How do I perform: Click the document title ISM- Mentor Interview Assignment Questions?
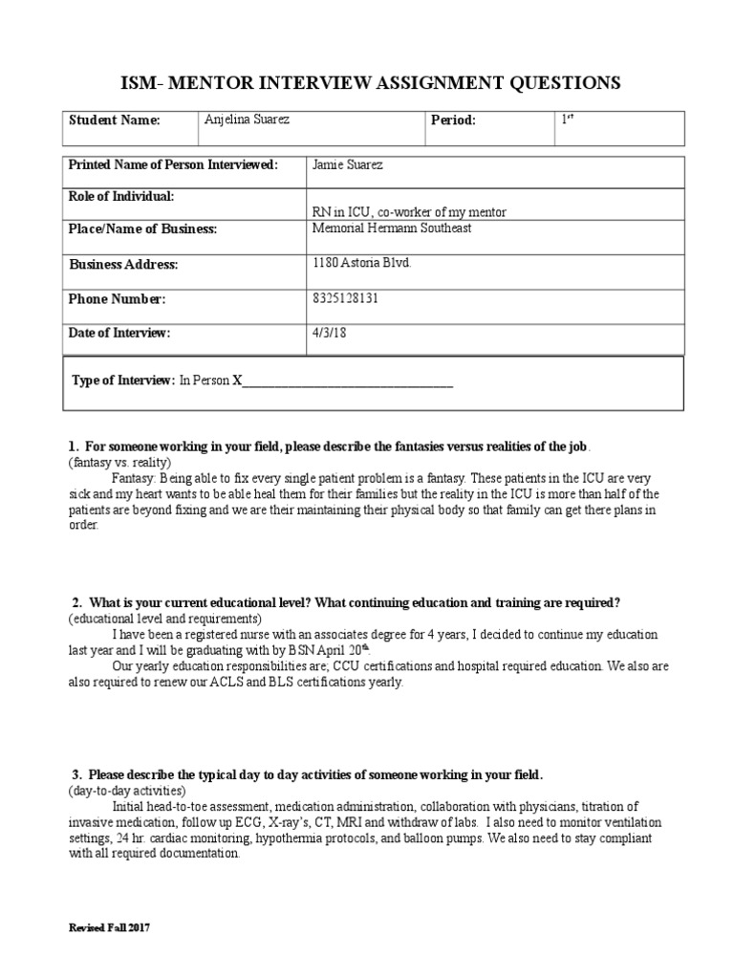click(367, 83)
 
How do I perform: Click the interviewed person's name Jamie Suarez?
click(349, 165)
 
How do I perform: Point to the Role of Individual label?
click(121, 196)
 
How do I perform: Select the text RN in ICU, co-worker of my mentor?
click(410, 211)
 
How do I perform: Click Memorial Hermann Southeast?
click(391, 228)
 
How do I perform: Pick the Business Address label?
click(123, 265)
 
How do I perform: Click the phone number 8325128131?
click(345, 298)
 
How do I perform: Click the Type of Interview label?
click(123, 381)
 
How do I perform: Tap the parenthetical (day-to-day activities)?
click(127, 791)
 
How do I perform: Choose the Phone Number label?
click(118, 299)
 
